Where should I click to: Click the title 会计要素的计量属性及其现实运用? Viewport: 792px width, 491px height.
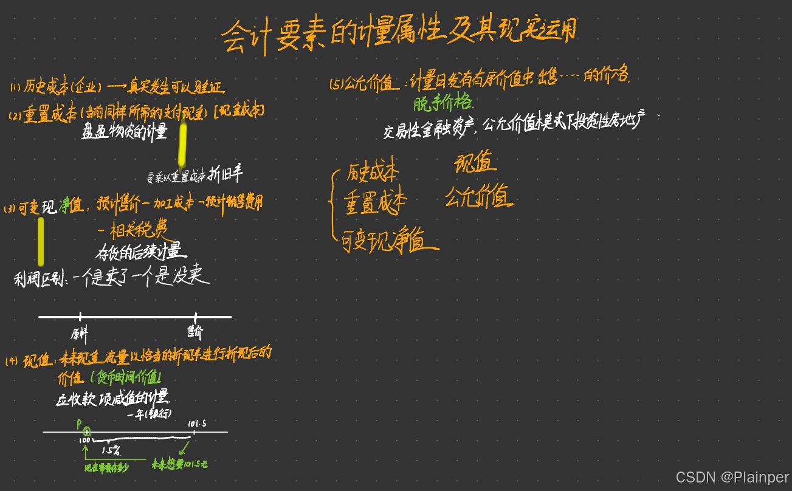coord(398,35)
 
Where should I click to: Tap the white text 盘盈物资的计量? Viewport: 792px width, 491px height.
coord(124,131)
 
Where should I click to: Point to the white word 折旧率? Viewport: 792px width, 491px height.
coord(226,175)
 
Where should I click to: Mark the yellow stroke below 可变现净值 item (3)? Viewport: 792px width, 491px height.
coord(41,242)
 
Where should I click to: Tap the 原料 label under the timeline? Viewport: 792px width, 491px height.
coord(80,333)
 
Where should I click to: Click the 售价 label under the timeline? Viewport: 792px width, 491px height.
coord(195,332)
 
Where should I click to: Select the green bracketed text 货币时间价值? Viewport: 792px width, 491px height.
coord(126,378)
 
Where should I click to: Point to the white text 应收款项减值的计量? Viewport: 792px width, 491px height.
coord(112,399)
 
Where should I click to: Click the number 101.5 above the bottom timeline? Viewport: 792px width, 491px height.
coord(196,423)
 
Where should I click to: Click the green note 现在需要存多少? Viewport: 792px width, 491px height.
coord(106,467)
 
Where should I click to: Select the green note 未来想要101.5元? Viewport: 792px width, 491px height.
coord(179,464)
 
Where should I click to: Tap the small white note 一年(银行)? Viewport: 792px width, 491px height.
coord(150,414)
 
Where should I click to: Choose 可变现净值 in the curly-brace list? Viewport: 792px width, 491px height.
coord(390,241)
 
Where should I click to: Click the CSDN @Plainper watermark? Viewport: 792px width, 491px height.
coord(732,477)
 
